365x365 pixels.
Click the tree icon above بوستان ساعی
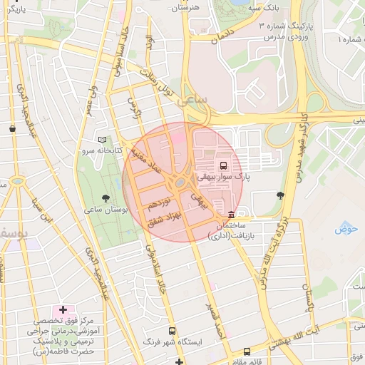click(x=106, y=198)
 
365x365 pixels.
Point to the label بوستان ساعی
click(x=106, y=211)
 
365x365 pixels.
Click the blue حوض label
click(x=346, y=229)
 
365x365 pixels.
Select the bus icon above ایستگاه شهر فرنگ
click(x=172, y=331)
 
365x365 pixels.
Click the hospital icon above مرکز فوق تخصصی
click(x=63, y=310)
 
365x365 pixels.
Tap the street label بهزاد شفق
click(x=165, y=219)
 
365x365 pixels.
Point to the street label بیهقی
click(x=205, y=198)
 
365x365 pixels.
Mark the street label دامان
click(x=223, y=35)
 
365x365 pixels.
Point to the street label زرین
click(x=135, y=108)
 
